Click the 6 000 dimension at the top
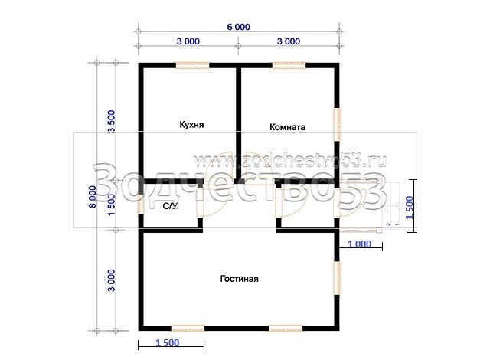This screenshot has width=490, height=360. point(238,27)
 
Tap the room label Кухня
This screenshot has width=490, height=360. point(191,125)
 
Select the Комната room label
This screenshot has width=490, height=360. point(288,127)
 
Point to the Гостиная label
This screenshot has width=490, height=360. point(240,279)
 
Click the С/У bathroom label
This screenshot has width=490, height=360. point(170,206)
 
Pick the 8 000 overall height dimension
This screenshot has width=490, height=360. point(93,197)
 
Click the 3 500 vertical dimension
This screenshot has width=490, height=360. point(112,121)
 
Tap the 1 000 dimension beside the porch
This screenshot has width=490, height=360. point(360,244)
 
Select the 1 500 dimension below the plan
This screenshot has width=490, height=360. point(168,342)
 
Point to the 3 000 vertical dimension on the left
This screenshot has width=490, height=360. point(112,280)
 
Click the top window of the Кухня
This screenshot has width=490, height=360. point(192,65)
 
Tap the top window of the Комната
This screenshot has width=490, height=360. point(289,65)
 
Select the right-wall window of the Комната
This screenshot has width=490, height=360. point(337,124)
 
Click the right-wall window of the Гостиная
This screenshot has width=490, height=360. point(337,278)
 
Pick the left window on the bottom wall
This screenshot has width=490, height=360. point(188,328)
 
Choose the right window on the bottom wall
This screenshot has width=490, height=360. point(286,328)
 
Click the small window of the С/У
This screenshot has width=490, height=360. point(141,205)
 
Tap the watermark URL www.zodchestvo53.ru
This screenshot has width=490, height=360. point(290,161)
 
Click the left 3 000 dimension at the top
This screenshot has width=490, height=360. point(188,41)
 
